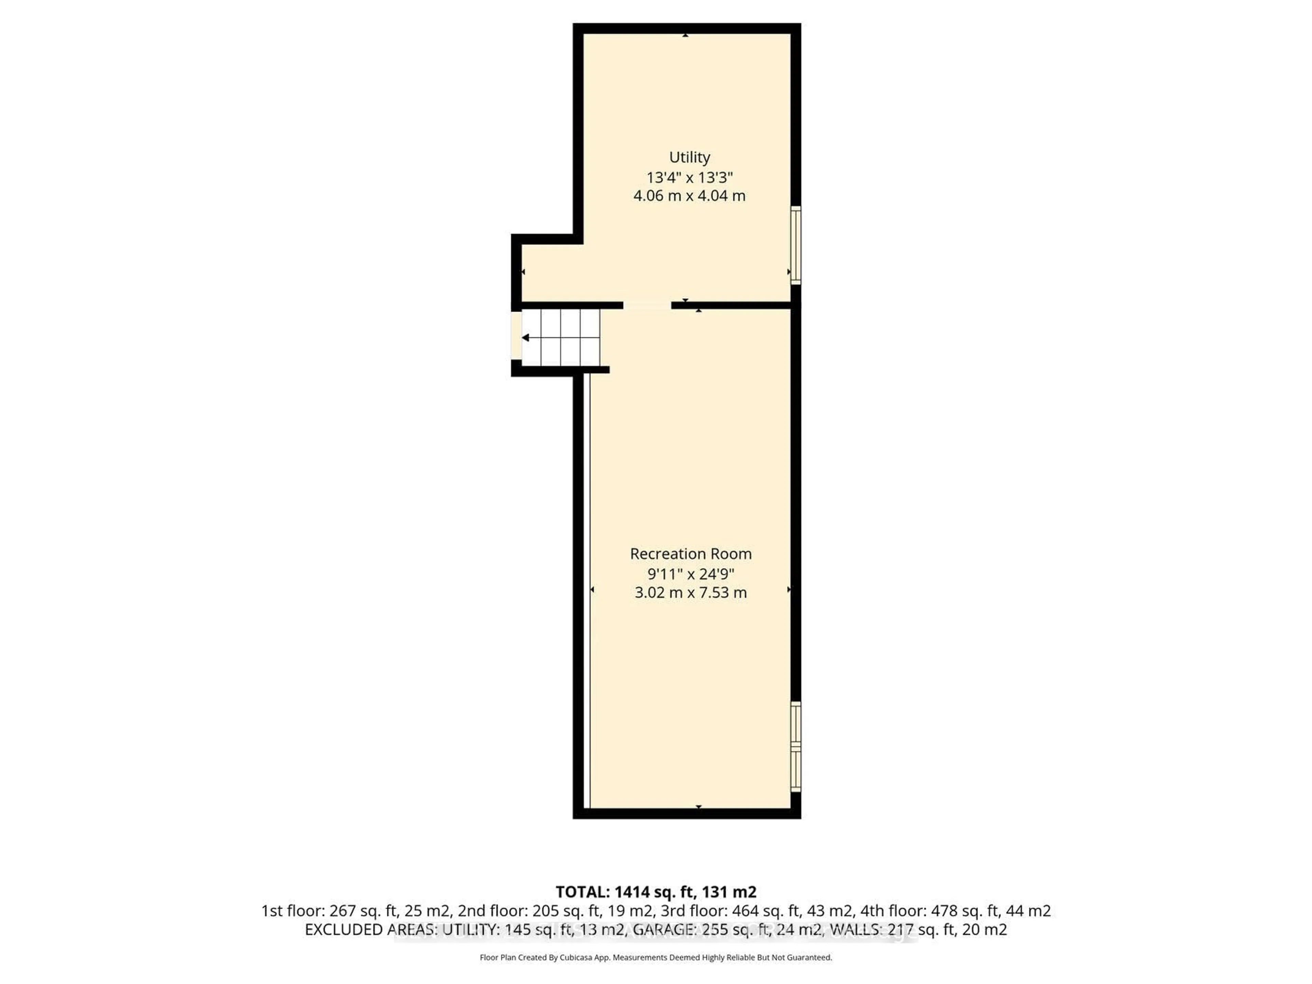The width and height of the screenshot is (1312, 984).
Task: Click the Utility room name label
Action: (689, 157)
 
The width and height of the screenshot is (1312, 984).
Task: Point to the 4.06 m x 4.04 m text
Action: (689, 196)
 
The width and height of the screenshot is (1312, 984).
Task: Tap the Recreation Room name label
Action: (691, 553)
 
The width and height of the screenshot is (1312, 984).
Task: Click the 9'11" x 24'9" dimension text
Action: (691, 574)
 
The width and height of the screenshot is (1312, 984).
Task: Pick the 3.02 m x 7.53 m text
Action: (691, 592)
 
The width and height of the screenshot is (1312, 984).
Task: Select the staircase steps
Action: (561, 338)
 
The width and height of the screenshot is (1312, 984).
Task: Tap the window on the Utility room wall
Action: (796, 244)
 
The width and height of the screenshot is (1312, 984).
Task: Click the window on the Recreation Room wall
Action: (796, 746)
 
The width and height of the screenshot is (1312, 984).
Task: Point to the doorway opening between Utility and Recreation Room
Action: (647, 305)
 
